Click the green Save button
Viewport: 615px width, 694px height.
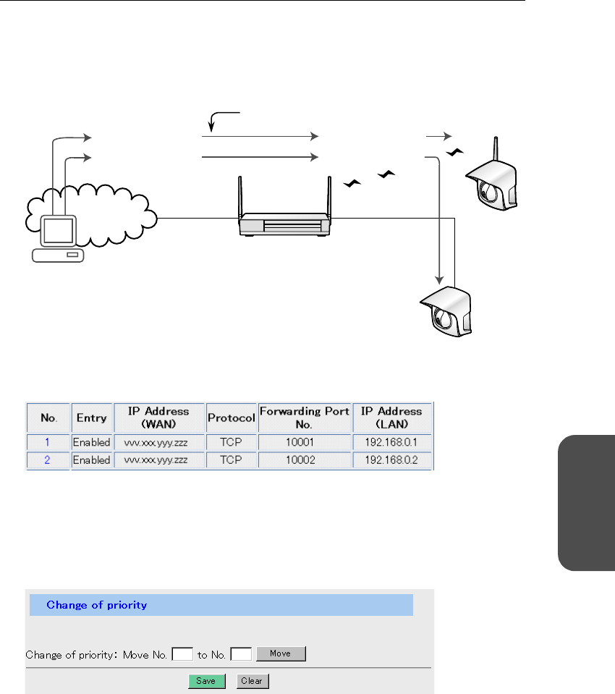207,681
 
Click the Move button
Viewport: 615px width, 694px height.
281,653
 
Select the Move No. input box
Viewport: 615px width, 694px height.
184,654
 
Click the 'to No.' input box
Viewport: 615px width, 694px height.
242,654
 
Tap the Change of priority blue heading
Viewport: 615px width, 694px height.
97,605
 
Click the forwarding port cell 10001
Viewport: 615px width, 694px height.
305,441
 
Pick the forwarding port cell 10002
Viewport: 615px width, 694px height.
305,460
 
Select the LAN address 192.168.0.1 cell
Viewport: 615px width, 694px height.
391,441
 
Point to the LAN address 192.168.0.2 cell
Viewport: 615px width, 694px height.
391,460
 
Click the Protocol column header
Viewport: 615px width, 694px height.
232,418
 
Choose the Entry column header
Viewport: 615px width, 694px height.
91,418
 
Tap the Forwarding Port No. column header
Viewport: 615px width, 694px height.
305,418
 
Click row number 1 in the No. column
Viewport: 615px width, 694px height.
48,441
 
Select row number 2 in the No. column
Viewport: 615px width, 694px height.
48,460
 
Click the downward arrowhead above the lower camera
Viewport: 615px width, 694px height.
439,279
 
